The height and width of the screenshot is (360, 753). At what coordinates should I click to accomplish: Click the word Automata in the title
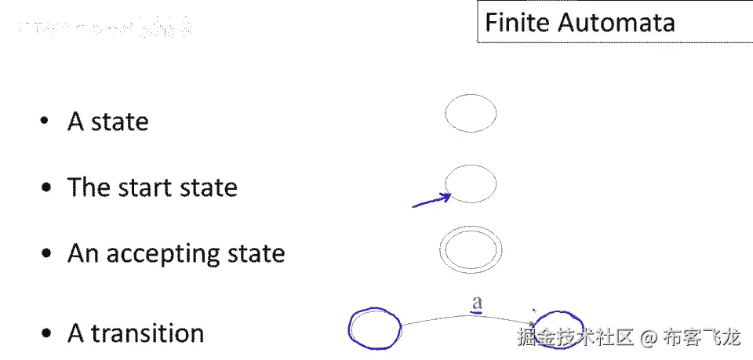point(616,22)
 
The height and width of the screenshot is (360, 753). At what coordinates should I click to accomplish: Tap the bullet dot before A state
point(46,122)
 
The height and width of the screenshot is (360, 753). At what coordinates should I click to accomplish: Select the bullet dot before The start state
point(47,188)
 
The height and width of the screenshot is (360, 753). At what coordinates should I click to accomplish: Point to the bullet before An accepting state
point(47,254)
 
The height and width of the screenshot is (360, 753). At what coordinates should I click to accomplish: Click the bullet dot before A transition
point(47,334)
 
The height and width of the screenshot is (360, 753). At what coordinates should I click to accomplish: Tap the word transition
point(147,334)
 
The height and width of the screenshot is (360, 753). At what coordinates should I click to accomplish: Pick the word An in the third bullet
point(83,254)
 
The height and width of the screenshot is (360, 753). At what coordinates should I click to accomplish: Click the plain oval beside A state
point(471,113)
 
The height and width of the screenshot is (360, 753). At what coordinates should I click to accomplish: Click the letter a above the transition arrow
point(475,301)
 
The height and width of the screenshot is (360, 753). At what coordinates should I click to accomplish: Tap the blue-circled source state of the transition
point(374,328)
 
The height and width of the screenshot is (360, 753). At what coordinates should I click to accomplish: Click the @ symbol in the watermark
point(648,338)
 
